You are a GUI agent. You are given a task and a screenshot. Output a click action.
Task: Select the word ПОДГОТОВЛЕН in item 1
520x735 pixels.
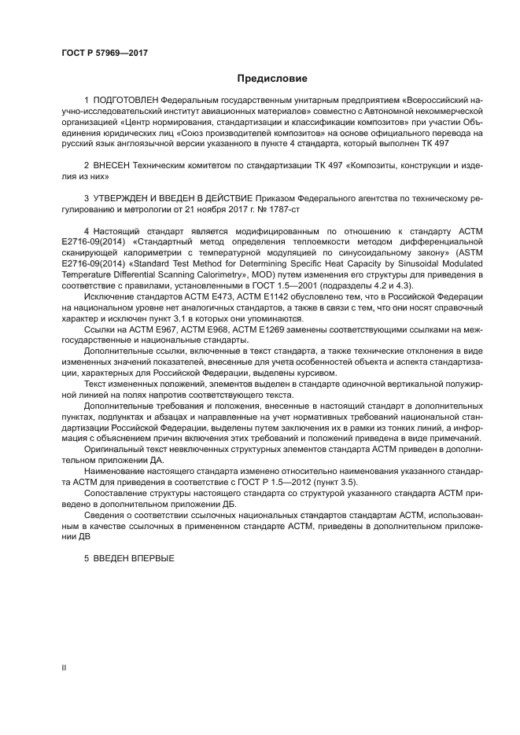[x=125, y=101]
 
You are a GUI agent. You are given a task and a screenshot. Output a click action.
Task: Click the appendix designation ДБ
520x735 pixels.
[x=226, y=505]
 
